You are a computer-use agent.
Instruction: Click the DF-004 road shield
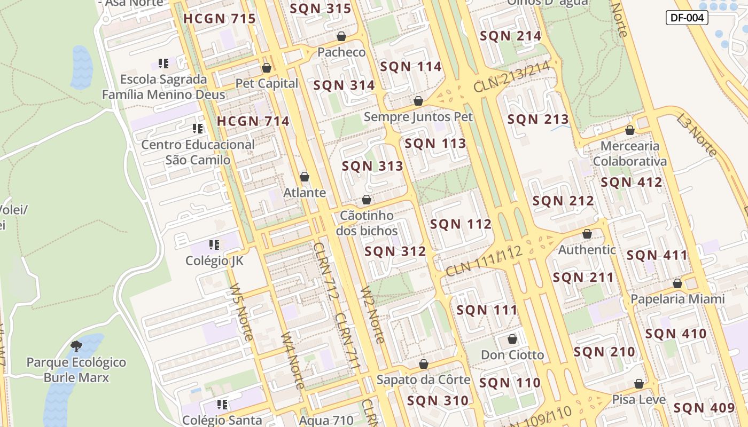click(687, 18)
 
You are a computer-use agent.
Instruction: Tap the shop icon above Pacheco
click(341, 36)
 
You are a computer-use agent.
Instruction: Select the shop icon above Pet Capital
click(266, 68)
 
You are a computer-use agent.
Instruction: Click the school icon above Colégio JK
click(214, 245)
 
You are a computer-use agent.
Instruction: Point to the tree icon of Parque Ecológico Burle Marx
click(76, 346)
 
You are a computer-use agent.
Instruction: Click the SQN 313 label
click(372, 166)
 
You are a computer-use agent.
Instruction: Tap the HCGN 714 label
click(253, 121)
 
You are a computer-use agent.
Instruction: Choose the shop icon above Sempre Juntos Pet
click(418, 101)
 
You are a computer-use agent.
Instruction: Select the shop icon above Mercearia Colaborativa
click(630, 130)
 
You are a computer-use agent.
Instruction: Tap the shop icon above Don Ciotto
click(512, 339)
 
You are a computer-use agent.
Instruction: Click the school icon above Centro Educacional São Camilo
click(198, 129)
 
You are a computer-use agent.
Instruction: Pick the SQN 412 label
click(631, 182)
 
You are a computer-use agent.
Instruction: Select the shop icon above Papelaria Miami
click(677, 283)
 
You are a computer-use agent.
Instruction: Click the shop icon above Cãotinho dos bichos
click(367, 200)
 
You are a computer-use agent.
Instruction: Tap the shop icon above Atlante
click(305, 177)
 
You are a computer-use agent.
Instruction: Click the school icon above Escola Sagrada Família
click(163, 64)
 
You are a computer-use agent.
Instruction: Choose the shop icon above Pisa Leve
click(639, 384)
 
